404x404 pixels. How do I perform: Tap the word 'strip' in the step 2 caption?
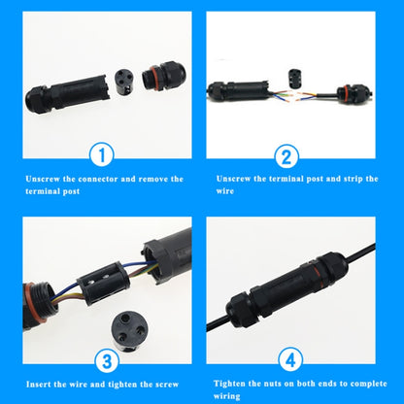(x=346, y=179)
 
